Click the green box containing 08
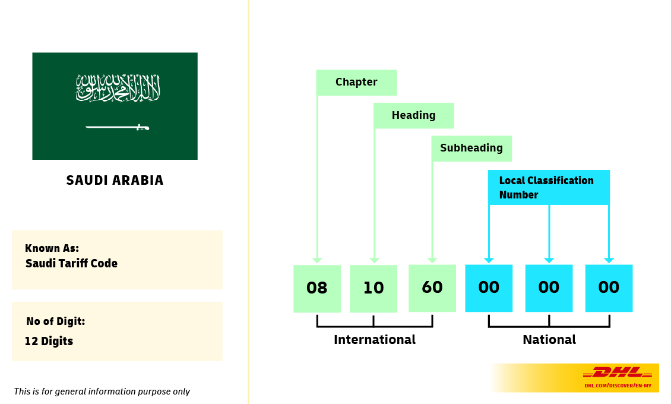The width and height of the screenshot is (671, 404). click(317, 288)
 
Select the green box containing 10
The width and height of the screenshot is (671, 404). click(374, 288)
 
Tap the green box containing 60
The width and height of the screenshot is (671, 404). click(432, 288)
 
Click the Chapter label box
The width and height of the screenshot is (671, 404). click(356, 83)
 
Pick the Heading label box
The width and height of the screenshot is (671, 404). click(413, 115)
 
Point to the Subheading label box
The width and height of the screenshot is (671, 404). click(471, 149)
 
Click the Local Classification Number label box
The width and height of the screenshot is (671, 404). click(549, 187)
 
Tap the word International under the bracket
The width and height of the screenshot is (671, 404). click(375, 340)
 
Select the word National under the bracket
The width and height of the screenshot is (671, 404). click(549, 340)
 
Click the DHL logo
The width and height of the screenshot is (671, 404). click(618, 373)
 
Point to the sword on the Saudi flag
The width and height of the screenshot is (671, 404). click(117, 127)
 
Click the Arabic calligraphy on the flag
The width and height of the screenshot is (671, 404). click(118, 88)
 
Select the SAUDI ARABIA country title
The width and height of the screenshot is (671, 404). click(115, 180)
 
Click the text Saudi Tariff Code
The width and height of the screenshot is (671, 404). click(71, 263)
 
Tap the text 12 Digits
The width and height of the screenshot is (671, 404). click(49, 341)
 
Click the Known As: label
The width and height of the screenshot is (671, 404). click(52, 248)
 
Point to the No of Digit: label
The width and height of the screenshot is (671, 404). click(55, 321)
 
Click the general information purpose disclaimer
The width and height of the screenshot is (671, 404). click(102, 392)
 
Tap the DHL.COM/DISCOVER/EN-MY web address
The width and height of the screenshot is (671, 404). click(618, 386)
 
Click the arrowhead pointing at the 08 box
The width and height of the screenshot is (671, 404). click(317, 260)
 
